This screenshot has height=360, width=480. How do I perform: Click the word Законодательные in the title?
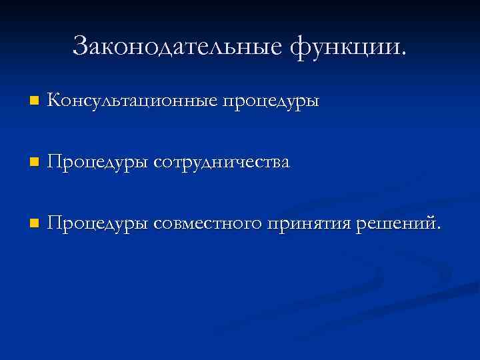177,47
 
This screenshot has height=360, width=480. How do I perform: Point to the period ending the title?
402,53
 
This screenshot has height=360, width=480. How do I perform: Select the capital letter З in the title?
81,47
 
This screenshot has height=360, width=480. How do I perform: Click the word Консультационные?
133,101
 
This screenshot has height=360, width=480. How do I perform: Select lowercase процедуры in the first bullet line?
271,103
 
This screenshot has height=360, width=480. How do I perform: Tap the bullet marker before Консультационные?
34,102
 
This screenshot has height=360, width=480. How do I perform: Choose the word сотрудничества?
222,163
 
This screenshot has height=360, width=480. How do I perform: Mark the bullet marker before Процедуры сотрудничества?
34,163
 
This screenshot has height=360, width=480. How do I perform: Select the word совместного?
208,223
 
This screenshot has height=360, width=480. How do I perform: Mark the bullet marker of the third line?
34,223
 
